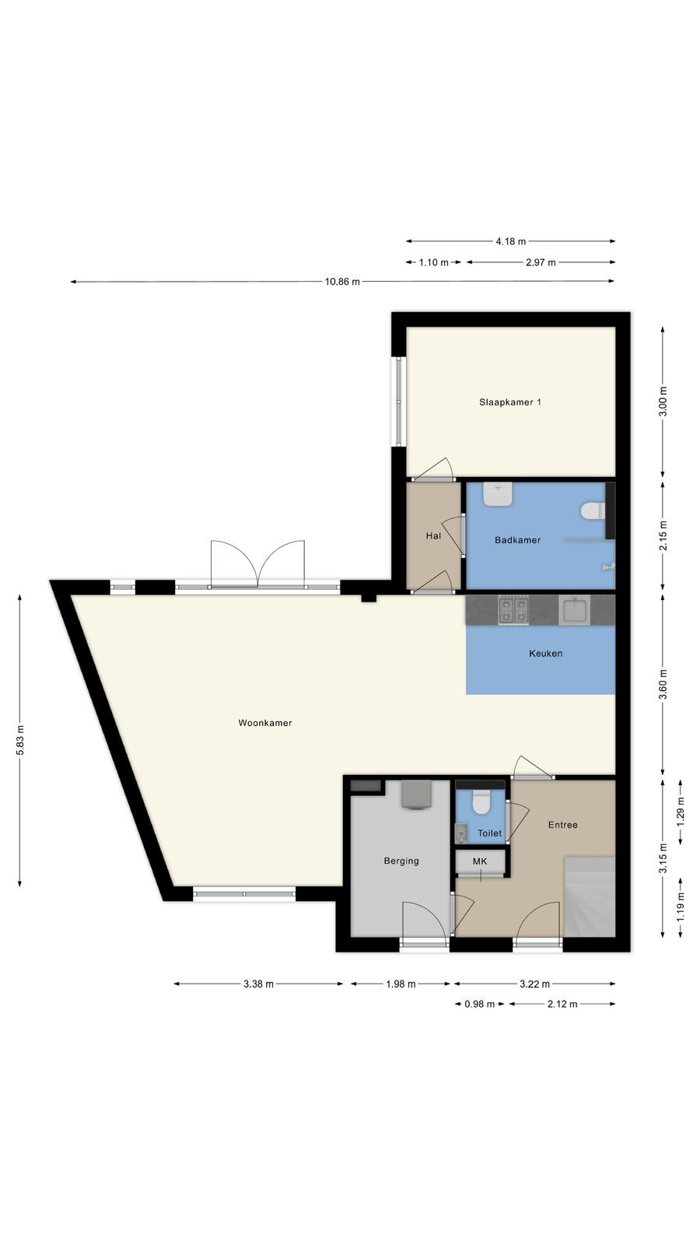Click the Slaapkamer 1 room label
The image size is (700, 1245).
pos(510,402)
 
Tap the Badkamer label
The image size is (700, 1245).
pos(517,540)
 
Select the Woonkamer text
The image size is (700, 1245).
pos(265,723)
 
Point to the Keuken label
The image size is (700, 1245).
pos(545,654)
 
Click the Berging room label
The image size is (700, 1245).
pos(401,861)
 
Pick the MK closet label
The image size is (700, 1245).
pos(479,861)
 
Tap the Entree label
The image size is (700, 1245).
pos(563,825)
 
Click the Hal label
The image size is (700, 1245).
pos(433,536)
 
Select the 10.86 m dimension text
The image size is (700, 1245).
pos(342,282)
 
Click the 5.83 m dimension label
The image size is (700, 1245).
pos(20,740)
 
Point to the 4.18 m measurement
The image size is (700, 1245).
pos(510,241)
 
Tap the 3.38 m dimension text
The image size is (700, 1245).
pos(258,984)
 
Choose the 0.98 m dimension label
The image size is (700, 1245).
pos(479,1004)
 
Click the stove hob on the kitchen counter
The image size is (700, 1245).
pos(513,610)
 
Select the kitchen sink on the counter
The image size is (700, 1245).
pos(574,610)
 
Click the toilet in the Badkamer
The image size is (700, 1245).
pos(592,510)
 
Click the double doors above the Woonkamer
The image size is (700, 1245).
pos(257,564)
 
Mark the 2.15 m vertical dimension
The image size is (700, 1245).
pos(663,536)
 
